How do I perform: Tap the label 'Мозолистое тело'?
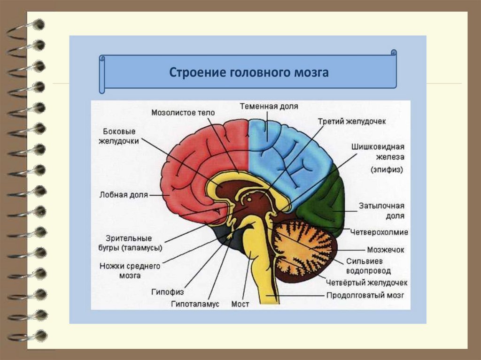click(183, 113)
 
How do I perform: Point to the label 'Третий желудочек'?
click(352, 122)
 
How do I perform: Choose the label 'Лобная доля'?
click(124, 194)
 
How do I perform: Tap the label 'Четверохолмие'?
click(379, 232)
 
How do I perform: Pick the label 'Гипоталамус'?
click(195, 304)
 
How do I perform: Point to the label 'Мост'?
click(240, 304)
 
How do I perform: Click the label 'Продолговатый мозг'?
click(365, 295)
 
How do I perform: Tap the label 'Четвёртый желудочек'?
click(366, 283)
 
